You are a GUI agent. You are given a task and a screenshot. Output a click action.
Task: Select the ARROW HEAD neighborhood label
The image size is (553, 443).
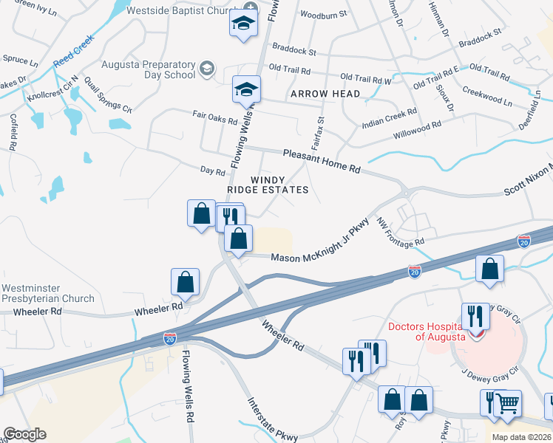tap(325, 94)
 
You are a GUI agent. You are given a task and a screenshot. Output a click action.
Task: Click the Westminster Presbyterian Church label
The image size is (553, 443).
tap(48, 293)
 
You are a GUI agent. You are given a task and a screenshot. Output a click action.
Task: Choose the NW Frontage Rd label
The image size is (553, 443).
tap(400, 232)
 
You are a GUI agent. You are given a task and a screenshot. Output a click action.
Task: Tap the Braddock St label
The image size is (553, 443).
tap(294, 52)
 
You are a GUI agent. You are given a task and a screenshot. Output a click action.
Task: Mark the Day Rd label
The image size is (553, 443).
tap(212, 171)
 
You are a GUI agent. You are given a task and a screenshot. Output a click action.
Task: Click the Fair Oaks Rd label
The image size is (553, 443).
tap(214, 116)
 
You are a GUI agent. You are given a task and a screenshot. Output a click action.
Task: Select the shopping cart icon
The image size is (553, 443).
tap(507, 403)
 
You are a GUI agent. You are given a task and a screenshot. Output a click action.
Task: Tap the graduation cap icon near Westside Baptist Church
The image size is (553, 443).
tap(242, 24)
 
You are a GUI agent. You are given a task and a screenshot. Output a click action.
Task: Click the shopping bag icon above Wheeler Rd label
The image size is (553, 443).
tap(185, 282)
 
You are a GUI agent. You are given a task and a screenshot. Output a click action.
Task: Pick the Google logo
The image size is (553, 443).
tap(24, 434)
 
